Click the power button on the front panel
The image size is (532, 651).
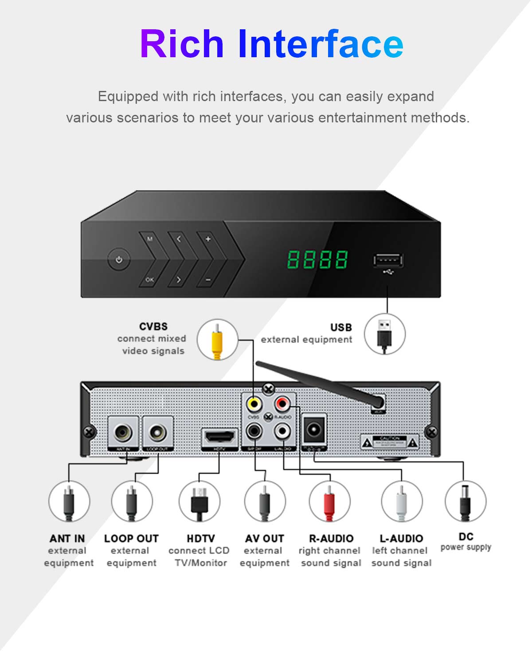pos(119,260)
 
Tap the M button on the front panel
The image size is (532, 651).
pos(150,239)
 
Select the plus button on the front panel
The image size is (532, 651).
pos(207,239)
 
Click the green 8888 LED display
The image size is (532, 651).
pos(317,259)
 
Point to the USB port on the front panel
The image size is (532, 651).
pos(388,260)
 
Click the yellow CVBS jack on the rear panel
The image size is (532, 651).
pos(254,404)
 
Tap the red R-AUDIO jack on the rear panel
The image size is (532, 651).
pos(282,404)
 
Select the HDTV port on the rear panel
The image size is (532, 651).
pos(219,436)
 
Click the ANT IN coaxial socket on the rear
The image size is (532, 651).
pos(123,432)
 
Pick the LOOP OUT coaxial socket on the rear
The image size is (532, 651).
pos(157,432)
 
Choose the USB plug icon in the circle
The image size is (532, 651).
pos(384,333)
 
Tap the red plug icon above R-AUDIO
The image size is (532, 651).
pos(329,502)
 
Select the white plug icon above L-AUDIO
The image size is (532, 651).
pos(401,502)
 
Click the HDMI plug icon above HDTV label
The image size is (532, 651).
pos(199,502)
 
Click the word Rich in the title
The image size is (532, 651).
pos(182,44)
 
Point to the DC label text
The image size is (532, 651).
pos(466,537)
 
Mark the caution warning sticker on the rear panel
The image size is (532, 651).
pos(389,442)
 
